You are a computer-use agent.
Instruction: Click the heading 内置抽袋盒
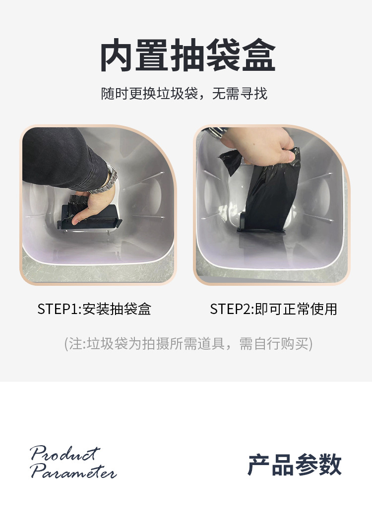click(188, 55)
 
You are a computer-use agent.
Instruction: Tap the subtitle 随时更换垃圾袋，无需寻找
click(184, 94)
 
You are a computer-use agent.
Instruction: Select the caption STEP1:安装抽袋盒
click(94, 309)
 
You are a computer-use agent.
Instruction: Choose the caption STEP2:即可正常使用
click(273, 309)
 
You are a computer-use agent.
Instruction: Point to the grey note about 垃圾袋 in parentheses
click(188, 344)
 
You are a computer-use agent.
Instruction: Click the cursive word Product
click(65, 454)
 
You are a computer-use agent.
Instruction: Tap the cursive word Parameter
click(73, 471)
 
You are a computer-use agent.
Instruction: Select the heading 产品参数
click(295, 465)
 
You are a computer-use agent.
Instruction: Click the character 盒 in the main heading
click(258, 55)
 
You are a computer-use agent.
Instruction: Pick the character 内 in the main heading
click(118, 55)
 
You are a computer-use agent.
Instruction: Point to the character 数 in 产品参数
click(330, 465)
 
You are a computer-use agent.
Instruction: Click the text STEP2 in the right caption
click(231, 309)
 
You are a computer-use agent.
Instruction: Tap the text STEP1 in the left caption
click(58, 309)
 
